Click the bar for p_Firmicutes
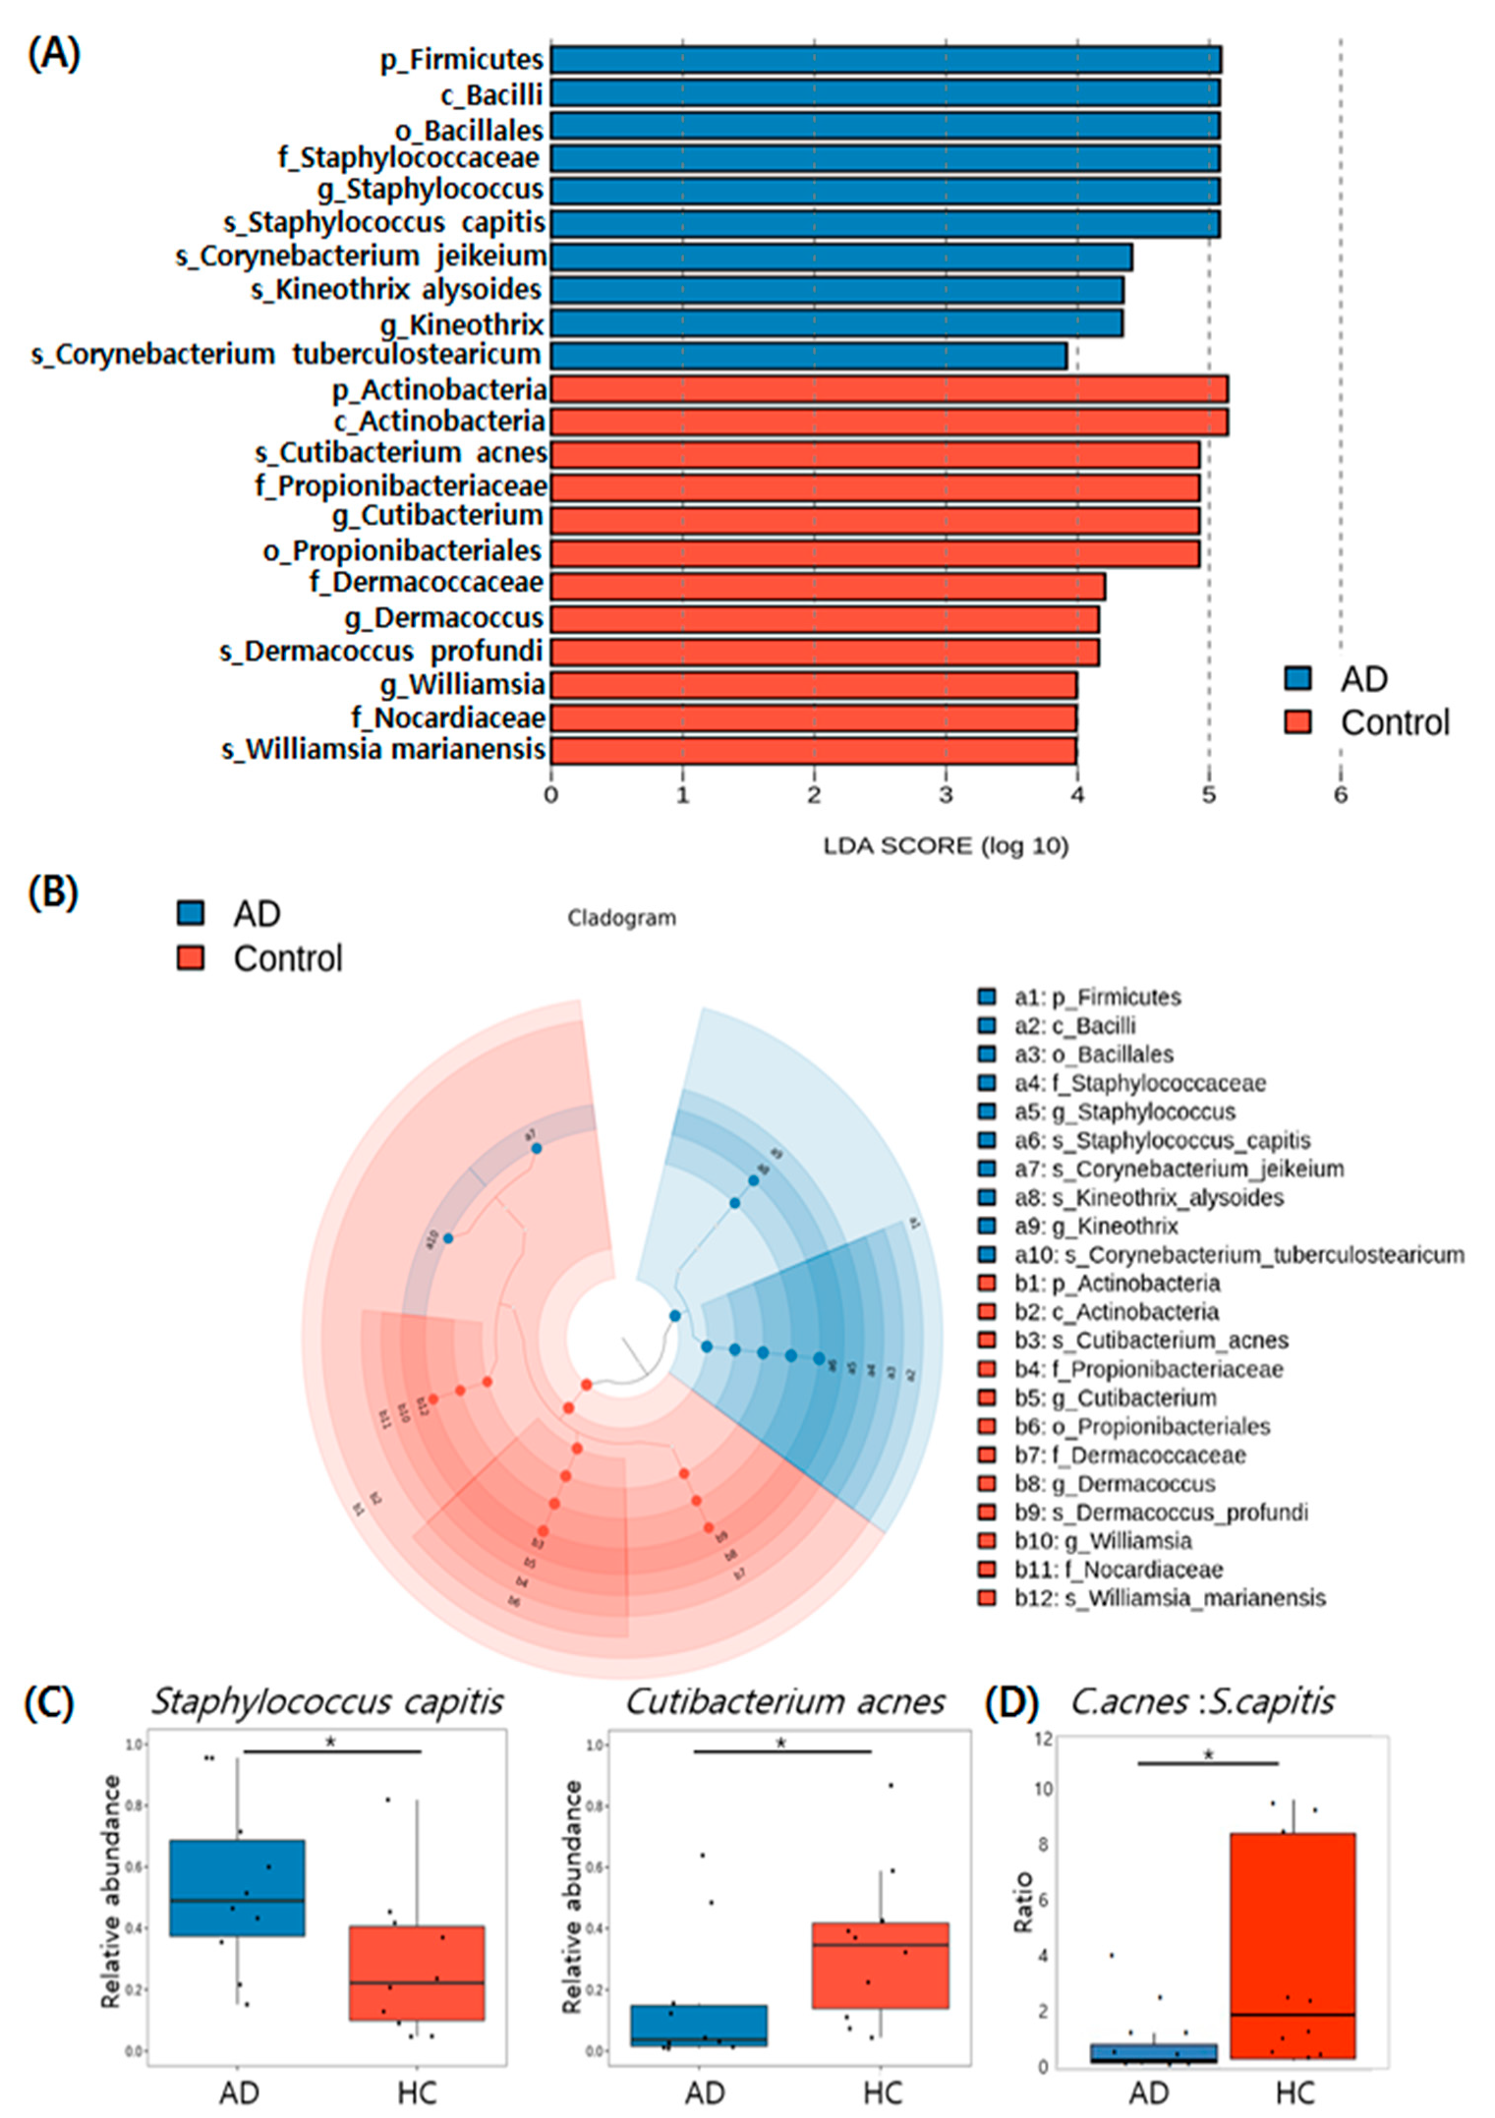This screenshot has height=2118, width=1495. [885, 60]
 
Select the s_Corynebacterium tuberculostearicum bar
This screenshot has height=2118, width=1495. [808, 356]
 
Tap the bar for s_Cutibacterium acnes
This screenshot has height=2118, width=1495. [875, 454]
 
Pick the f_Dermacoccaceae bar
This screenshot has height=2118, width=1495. [828, 586]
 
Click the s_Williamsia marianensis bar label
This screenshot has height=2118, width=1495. [383, 750]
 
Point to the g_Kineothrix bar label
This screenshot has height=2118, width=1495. [462, 324]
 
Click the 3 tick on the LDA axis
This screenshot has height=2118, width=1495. [946, 796]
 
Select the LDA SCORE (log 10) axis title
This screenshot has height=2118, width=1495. [946, 846]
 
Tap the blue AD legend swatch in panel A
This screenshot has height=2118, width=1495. [1298, 678]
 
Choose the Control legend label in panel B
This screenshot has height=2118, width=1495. [288, 958]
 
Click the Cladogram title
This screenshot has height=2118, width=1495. [621, 918]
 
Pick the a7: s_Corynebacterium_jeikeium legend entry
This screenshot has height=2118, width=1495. [1179, 1169]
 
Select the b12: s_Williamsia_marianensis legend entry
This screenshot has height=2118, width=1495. [1170, 1598]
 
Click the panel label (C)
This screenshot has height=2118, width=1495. [49, 1702]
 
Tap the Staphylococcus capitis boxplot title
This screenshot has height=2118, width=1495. [327, 1701]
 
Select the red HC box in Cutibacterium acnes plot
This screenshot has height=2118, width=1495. [881, 1966]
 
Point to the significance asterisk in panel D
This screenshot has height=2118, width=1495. [1208, 1755]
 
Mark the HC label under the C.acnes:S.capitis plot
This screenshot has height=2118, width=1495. [1294, 2092]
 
